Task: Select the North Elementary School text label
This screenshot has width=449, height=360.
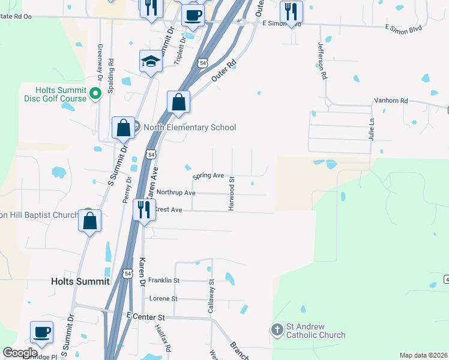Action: tap(189, 127)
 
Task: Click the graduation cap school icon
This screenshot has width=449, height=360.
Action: tap(151, 61)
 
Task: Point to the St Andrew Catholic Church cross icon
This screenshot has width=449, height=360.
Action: tap(277, 329)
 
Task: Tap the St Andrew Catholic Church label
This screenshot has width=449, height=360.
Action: tap(316, 331)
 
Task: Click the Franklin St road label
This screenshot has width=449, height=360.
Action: tap(164, 280)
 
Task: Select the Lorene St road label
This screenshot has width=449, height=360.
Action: tap(163, 298)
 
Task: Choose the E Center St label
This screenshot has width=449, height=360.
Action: tap(145, 316)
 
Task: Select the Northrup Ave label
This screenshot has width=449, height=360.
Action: tap(176, 193)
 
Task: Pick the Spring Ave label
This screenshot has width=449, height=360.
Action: tap(208, 176)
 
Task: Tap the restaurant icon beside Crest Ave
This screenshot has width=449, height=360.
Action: tap(143, 210)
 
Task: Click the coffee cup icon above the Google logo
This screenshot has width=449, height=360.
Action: tap(42, 332)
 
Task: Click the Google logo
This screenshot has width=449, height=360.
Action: tap(20, 353)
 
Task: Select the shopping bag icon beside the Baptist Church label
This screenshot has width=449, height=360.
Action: tap(89, 221)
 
